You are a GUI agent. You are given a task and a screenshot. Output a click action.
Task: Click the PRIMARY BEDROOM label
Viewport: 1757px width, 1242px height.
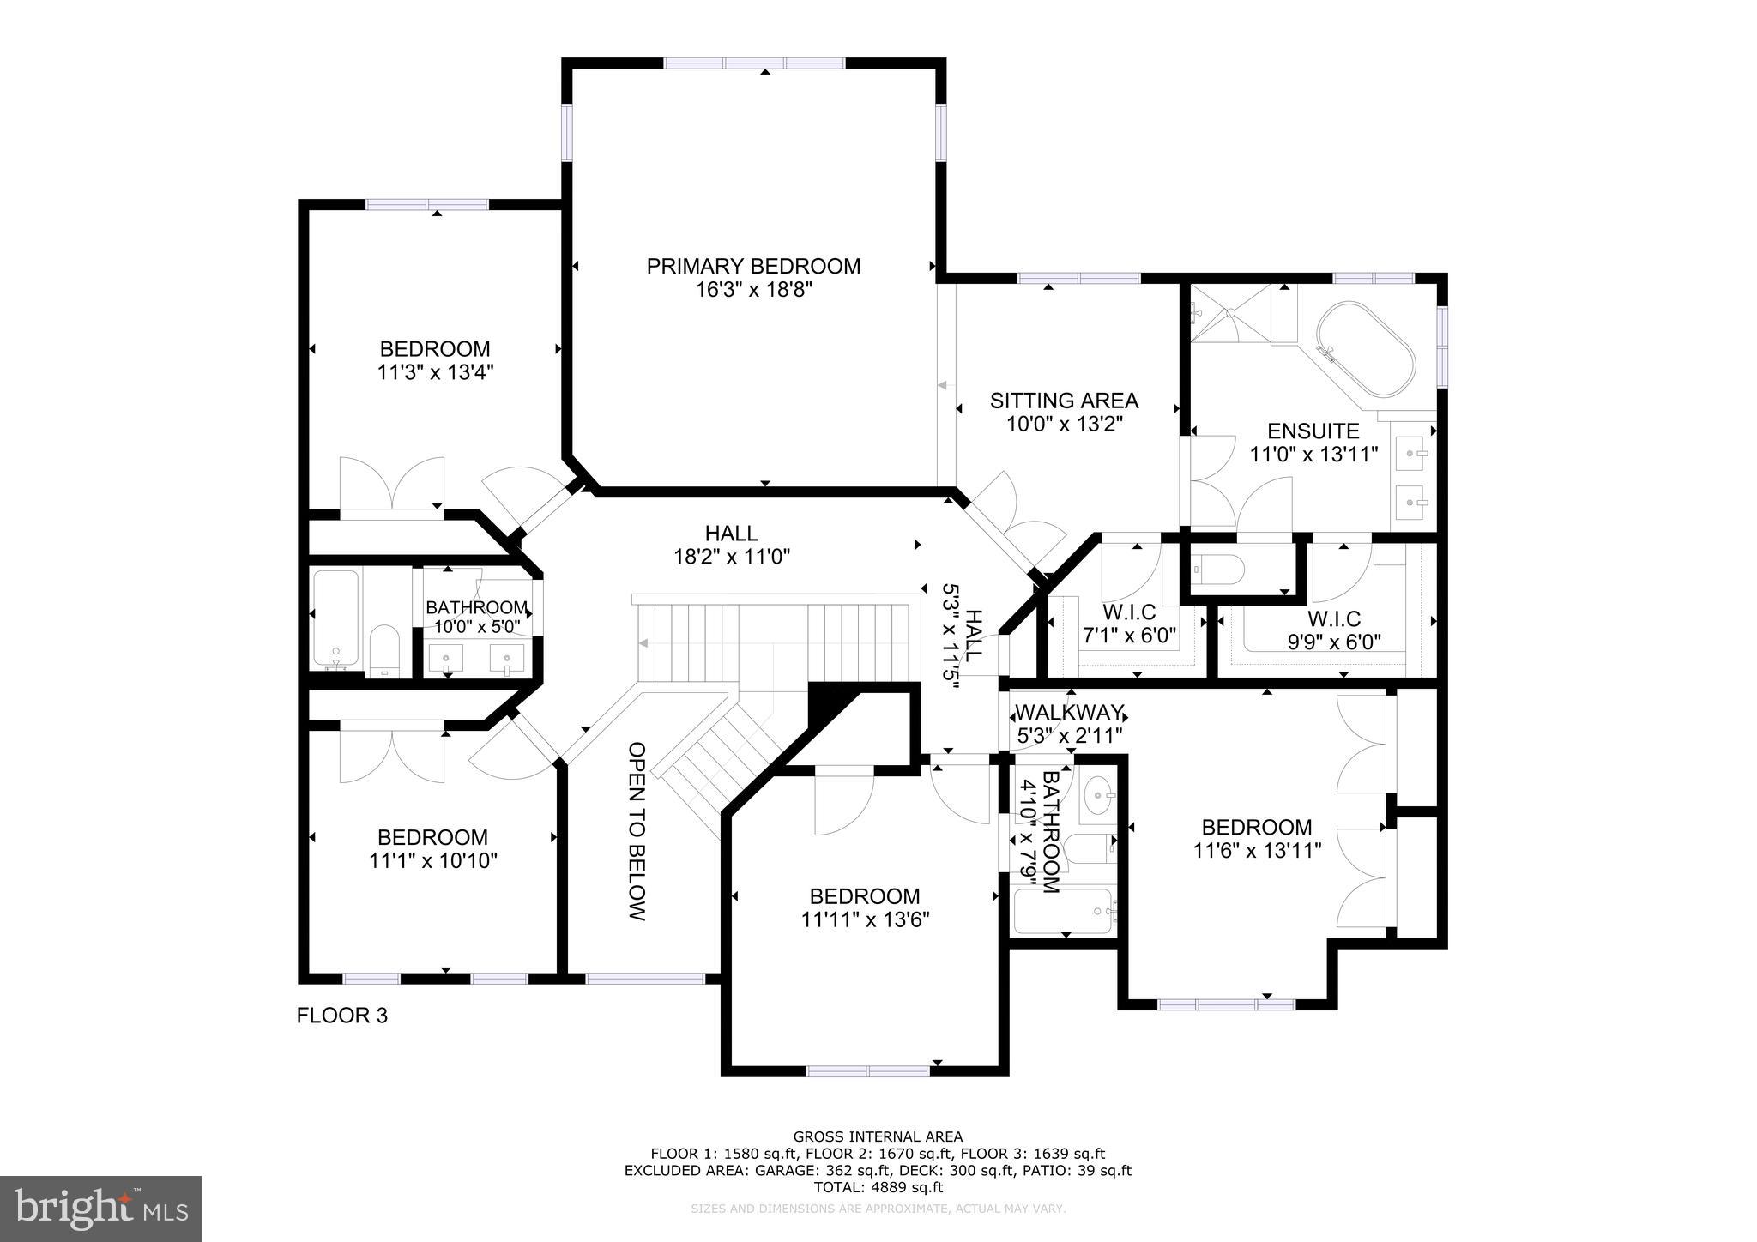coord(753,266)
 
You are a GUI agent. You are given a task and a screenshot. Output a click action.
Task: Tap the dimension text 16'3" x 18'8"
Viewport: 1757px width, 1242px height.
coord(753,290)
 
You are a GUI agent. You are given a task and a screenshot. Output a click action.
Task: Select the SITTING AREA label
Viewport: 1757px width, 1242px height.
coord(1064,401)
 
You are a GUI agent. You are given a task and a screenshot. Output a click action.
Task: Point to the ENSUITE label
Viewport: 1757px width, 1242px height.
coord(1313,431)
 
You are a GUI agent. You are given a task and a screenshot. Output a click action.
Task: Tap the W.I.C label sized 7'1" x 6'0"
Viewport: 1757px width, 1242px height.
coord(1128,613)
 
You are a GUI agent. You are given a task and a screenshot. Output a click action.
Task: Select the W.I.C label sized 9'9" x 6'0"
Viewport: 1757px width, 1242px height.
coord(1334,618)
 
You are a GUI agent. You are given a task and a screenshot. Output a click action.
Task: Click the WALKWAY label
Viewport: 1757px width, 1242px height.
coord(1069,713)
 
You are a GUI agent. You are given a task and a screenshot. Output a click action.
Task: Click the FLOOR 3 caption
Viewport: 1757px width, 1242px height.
coord(341,1016)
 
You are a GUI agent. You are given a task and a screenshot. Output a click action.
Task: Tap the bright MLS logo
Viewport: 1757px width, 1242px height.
coord(100,1209)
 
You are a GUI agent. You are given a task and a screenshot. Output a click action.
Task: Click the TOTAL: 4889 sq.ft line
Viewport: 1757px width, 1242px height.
coord(878,1187)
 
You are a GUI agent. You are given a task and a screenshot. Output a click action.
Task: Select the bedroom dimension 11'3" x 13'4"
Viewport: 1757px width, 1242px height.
coord(435,372)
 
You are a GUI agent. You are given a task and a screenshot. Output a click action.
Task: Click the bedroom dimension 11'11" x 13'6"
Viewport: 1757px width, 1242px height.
coord(865,919)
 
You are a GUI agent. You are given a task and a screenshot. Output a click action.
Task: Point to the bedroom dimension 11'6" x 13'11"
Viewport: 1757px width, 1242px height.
coord(1256,850)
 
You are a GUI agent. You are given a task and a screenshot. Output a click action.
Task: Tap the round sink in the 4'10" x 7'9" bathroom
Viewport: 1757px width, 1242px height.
coord(1096,796)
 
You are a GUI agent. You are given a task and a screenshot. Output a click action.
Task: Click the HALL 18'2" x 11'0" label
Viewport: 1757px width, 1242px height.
coord(731,545)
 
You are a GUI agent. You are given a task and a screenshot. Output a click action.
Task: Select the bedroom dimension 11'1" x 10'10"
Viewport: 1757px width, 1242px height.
coord(433,860)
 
